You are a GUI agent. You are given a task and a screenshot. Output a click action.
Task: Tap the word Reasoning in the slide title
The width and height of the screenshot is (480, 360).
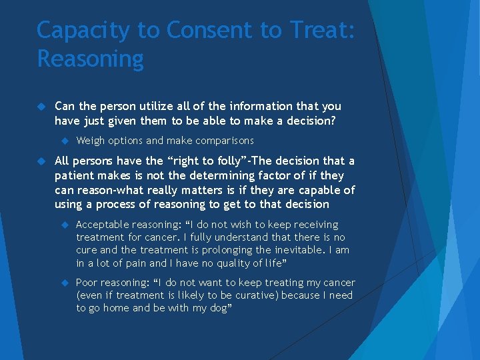click(90, 59)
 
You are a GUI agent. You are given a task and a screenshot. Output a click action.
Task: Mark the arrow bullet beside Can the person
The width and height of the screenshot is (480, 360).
click(41, 107)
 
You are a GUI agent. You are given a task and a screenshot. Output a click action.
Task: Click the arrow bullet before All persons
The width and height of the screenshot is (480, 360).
click(41, 161)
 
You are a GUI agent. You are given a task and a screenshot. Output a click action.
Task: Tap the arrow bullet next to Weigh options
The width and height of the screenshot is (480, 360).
click(65, 141)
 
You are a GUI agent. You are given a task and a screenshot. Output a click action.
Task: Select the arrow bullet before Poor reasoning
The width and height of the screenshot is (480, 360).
click(65, 283)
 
